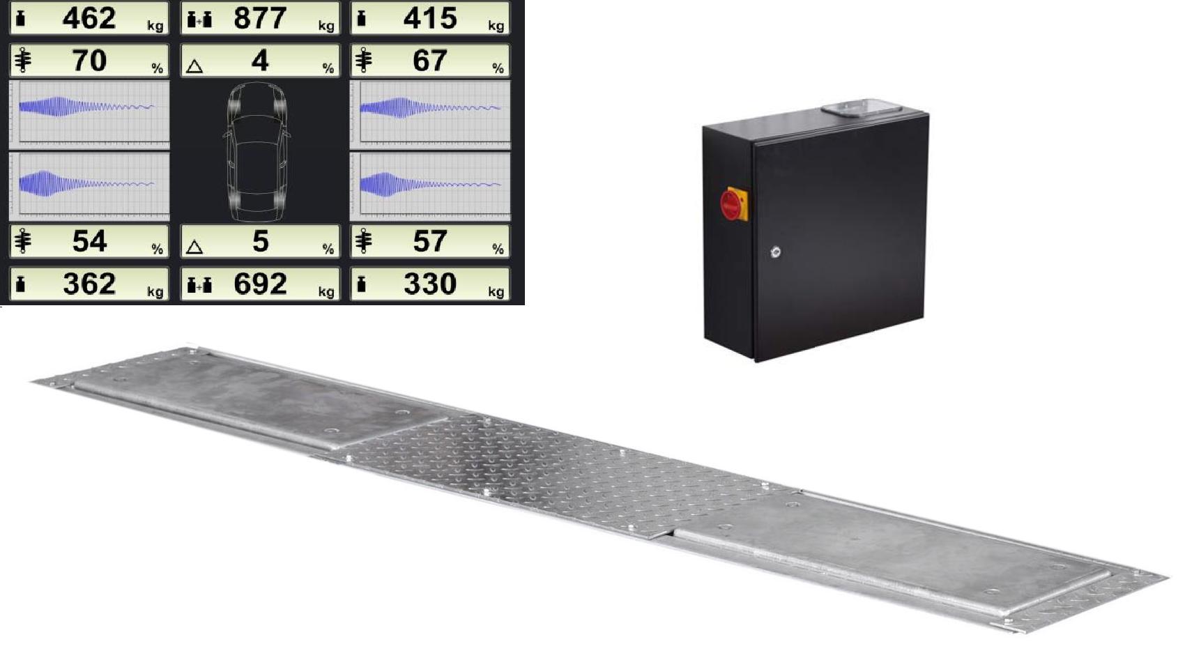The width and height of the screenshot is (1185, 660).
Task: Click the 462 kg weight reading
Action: [89, 18]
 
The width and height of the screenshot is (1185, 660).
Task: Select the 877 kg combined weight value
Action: [260, 18]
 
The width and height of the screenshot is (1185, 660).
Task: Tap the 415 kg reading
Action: [430, 18]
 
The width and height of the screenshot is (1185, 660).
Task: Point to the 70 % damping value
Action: [89, 61]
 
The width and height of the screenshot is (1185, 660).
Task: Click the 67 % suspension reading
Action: [429, 61]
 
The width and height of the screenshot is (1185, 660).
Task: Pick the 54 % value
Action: [89, 241]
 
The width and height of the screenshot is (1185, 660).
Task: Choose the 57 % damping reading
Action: [429, 241]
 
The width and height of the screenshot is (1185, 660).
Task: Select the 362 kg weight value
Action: [89, 284]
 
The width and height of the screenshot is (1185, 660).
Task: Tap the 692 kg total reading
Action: [260, 284]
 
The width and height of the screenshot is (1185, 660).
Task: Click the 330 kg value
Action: [430, 284]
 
